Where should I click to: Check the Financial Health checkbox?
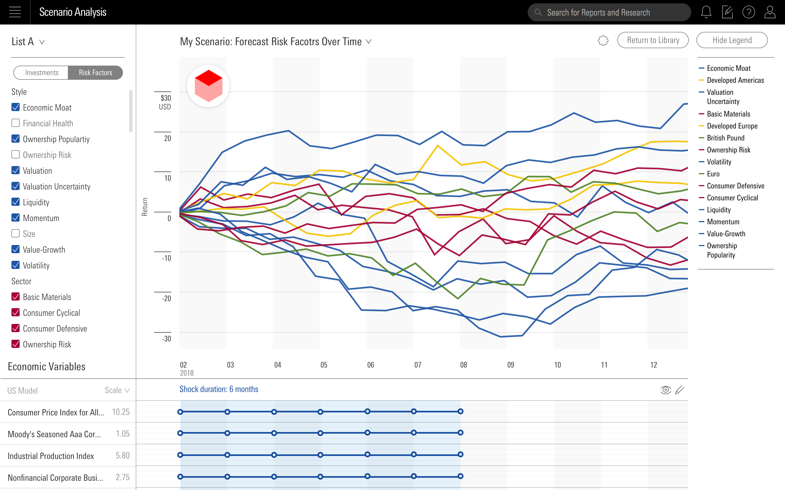16,123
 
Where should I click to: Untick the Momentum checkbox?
16,218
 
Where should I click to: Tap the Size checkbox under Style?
16,234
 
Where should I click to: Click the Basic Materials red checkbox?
16,297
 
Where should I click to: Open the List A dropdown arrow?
42,42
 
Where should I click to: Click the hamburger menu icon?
15,12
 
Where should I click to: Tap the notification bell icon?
706,12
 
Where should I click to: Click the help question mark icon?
748,12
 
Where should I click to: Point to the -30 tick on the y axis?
167,339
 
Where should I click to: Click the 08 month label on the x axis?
464,365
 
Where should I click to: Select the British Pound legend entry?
725,138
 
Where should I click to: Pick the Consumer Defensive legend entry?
735,186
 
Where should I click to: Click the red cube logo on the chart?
208,86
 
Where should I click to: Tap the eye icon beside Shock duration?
665,390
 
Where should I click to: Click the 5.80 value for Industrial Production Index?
123,456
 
